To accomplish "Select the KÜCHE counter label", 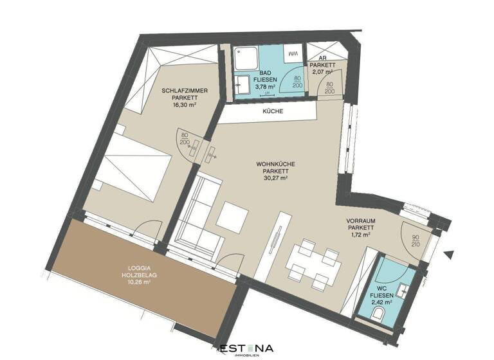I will [273, 111].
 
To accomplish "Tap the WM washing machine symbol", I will [293, 53].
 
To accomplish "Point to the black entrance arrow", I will [450, 255].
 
